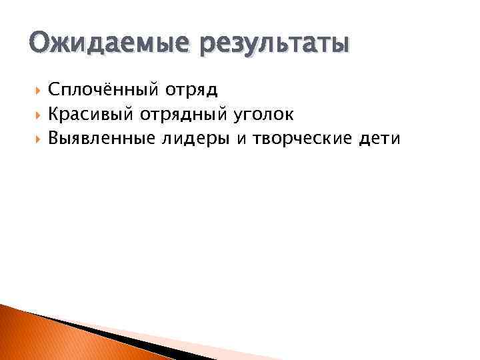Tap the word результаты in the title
(273, 45)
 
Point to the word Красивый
(91, 115)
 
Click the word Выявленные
(101, 139)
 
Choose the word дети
(379, 138)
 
